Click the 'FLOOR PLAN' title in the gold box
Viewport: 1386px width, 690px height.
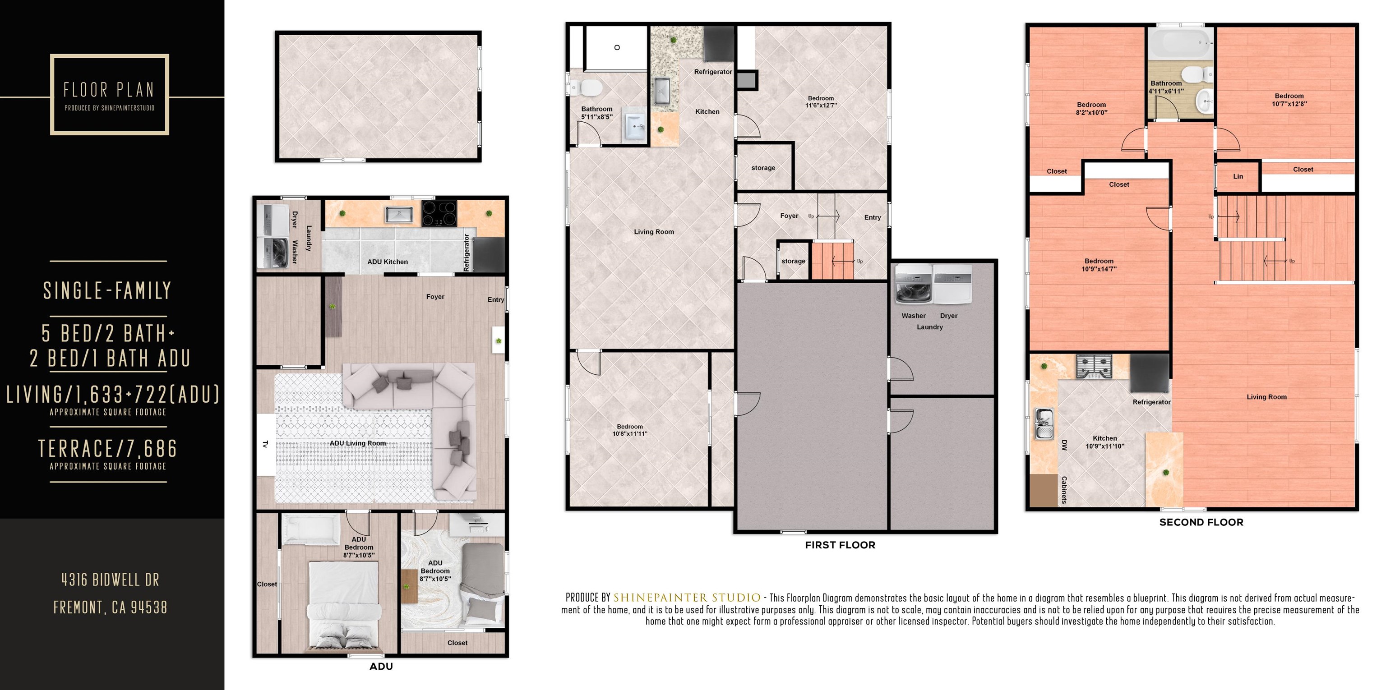109,90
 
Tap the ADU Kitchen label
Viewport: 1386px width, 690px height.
388,262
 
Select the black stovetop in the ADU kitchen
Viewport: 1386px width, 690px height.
439,213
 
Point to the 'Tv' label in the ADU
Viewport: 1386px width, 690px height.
265,444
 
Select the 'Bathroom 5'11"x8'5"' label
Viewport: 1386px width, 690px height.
597,113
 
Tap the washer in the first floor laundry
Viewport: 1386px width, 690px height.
913,285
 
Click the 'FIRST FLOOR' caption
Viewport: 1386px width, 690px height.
840,545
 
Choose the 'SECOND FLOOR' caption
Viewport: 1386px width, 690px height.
1201,522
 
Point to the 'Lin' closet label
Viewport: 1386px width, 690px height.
1238,176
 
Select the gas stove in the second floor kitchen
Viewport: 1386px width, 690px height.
1094,366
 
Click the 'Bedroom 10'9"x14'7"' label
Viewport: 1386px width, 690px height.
1099,265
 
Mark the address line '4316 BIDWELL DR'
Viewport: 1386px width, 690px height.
110,580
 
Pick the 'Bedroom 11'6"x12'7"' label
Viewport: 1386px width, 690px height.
821,101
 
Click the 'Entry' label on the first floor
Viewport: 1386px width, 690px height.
872,218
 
